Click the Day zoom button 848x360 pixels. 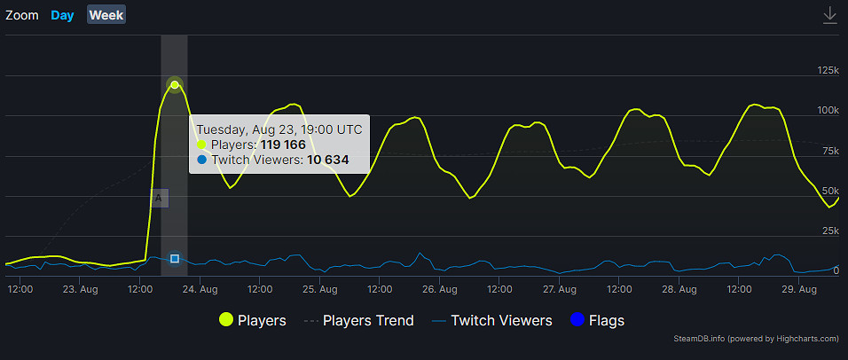click(x=62, y=15)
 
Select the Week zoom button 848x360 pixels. click(x=106, y=15)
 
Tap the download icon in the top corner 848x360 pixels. click(x=830, y=15)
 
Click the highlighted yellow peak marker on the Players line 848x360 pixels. click(x=175, y=85)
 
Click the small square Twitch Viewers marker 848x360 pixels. click(x=175, y=259)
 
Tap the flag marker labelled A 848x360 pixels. click(x=159, y=199)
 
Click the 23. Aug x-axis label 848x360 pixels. click(x=81, y=289)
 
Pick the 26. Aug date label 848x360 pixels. click(x=440, y=289)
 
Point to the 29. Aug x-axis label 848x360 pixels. click(x=799, y=289)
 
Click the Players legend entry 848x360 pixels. click(x=253, y=321)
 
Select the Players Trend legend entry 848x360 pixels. click(x=358, y=321)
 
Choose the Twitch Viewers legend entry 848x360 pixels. click(x=491, y=321)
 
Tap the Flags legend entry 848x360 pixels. click(x=597, y=321)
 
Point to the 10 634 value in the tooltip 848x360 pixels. click(x=327, y=160)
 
